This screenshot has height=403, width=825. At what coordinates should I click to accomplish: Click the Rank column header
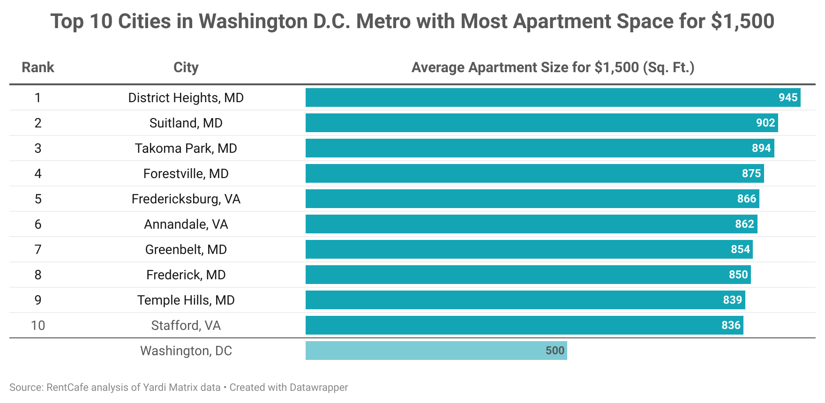tap(38, 67)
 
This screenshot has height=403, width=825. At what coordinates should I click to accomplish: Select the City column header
tap(186, 67)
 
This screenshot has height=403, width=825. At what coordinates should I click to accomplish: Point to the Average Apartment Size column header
tap(553, 67)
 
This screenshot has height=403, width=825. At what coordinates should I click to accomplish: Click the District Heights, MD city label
tap(186, 97)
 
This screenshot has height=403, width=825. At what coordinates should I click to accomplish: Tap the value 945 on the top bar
tap(787, 97)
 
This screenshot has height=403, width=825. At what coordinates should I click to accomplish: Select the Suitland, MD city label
tap(186, 123)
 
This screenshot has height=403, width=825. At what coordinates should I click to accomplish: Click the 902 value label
tap(765, 123)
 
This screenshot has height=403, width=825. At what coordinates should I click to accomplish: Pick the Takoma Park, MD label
tap(186, 148)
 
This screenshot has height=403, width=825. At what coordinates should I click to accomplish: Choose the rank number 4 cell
tap(38, 173)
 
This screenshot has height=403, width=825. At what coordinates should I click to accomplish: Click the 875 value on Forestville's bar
tap(751, 173)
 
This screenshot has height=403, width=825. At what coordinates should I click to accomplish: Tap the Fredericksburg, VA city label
tap(186, 199)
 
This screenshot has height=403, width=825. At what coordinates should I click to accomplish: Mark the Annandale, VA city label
tap(186, 224)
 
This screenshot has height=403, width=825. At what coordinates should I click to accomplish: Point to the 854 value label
tap(740, 249)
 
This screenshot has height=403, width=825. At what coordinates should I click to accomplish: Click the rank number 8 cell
tap(38, 275)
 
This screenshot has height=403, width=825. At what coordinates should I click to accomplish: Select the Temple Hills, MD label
tap(186, 300)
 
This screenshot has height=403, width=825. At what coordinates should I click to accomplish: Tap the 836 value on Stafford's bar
tap(731, 325)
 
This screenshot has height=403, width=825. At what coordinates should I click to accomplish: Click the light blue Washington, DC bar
tap(422, 351)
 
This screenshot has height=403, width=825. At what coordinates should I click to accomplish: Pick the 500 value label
tap(555, 351)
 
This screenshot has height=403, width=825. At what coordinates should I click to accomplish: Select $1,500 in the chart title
tap(742, 22)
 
